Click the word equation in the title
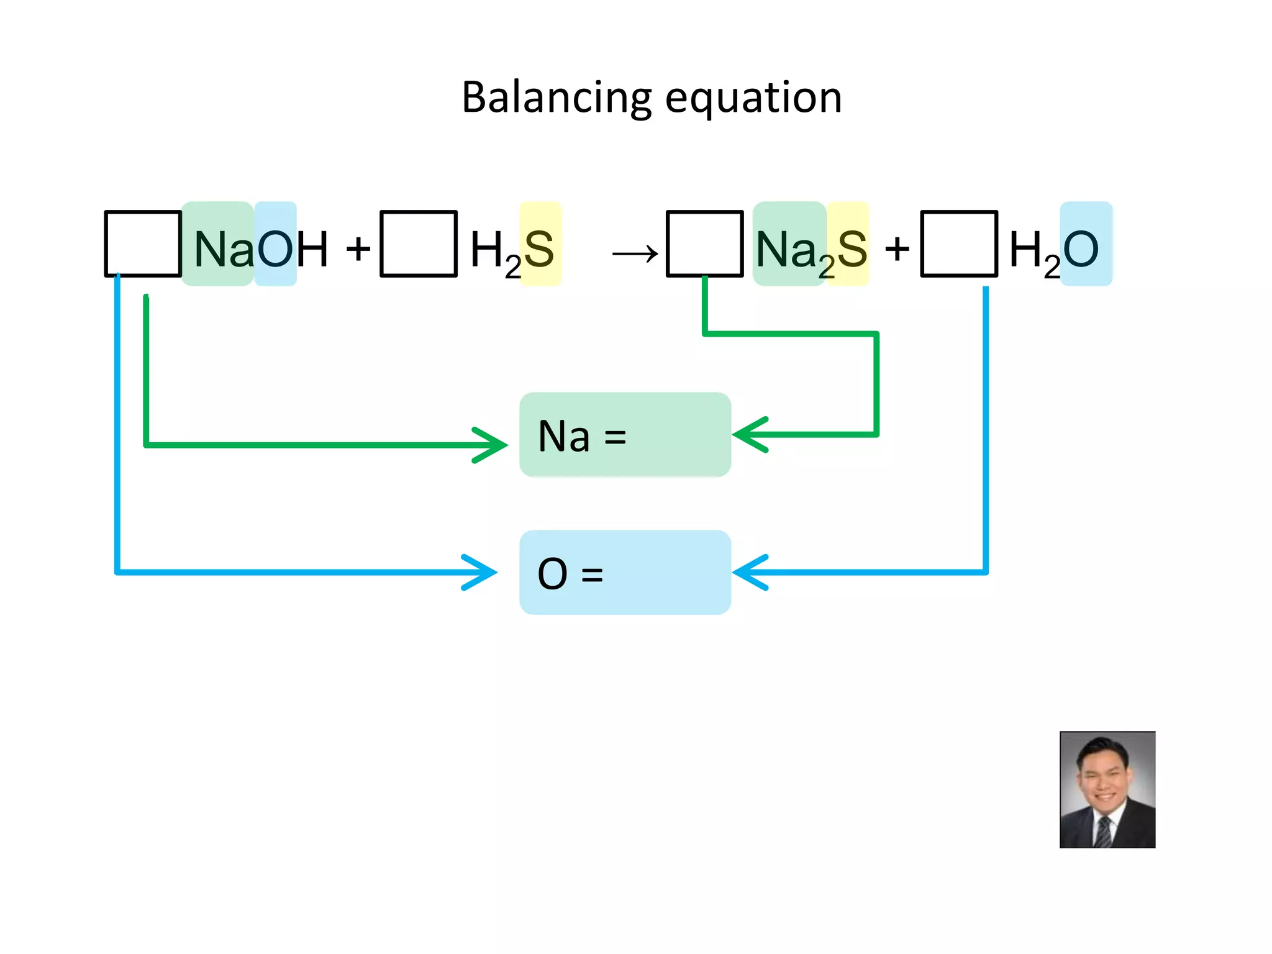click(753, 98)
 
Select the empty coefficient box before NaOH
click(143, 243)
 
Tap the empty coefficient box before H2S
click(419, 243)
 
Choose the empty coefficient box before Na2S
click(704, 243)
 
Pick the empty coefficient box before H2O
click(959, 243)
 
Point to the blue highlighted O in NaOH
click(275, 248)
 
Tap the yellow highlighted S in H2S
click(540, 248)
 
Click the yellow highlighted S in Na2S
click(852, 248)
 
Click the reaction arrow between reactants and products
click(635, 253)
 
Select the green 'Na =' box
click(625, 435)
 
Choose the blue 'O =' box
click(625, 573)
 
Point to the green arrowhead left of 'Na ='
click(494, 445)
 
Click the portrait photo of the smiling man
click(1107, 789)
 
